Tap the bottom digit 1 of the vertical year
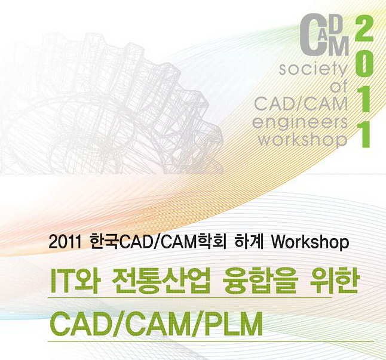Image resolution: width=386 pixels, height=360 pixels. tap(364, 134)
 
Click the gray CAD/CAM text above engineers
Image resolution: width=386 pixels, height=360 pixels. tap(301, 104)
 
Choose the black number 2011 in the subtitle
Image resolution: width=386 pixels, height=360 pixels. tap(65, 242)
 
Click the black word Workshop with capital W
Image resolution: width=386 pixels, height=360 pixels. tap(310, 242)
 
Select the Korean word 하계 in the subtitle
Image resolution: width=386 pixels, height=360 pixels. tap(249, 242)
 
